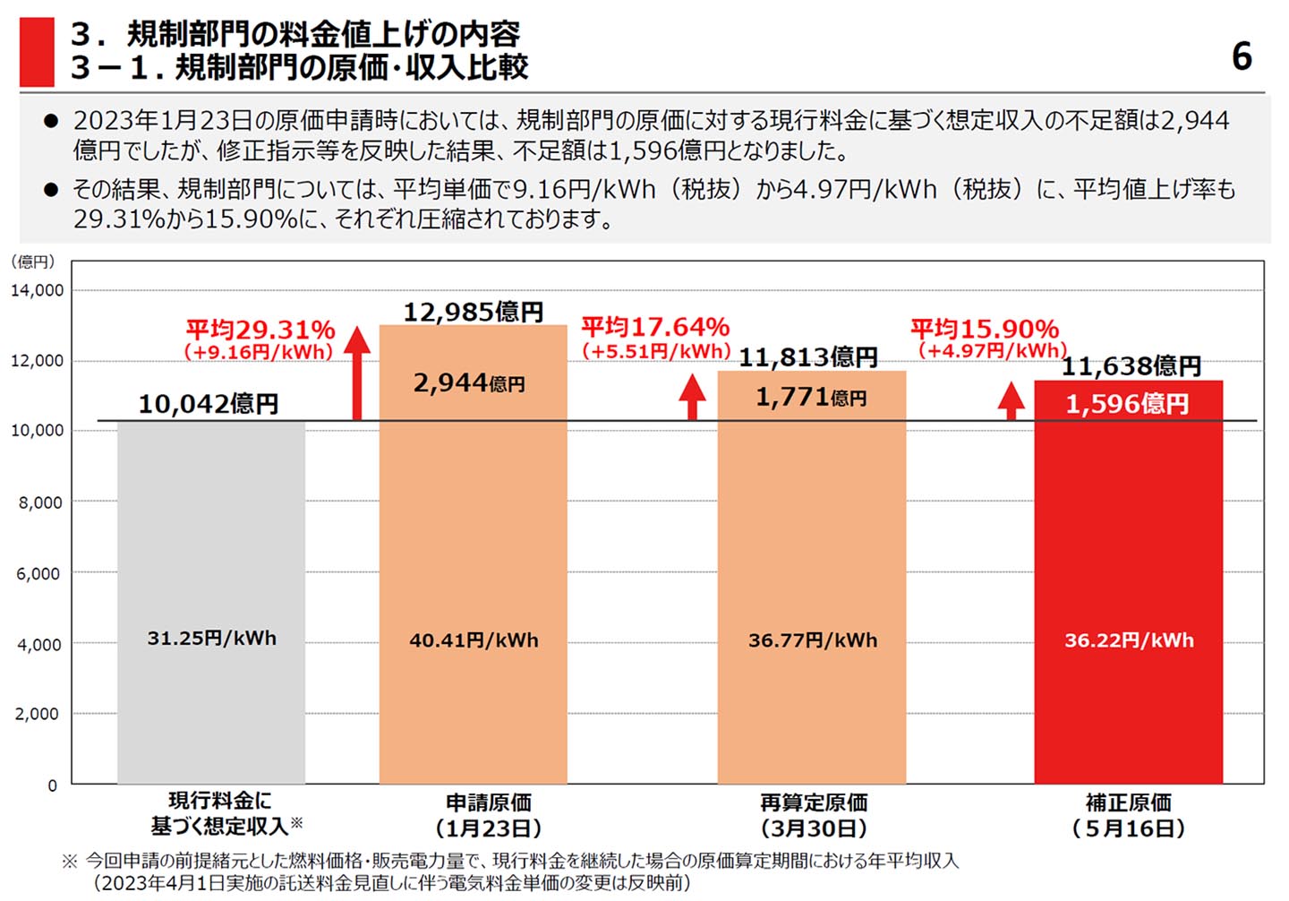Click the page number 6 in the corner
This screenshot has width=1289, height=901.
pyautogui.click(x=1241, y=57)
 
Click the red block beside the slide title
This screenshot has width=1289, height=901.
pyautogui.click(x=37, y=52)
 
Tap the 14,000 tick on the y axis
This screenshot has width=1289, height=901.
pyautogui.click(x=38, y=290)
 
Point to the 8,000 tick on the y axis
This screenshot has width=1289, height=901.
pyautogui.click(x=40, y=502)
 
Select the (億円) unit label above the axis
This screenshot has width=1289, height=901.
pyautogui.click(x=32, y=262)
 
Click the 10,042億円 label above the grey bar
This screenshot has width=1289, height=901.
pyautogui.click(x=209, y=404)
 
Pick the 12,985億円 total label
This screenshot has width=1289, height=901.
pyautogui.click(x=473, y=312)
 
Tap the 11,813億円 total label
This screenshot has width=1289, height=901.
pyautogui.click(x=807, y=357)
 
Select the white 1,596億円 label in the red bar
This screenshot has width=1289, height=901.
pyautogui.click(x=1127, y=404)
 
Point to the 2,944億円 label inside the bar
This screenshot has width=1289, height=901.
pyautogui.click(x=469, y=383)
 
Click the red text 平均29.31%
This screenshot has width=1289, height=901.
pyautogui.click(x=260, y=330)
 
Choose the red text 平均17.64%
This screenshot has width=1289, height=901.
pyautogui.click(x=655, y=327)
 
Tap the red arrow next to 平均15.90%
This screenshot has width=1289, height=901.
pyautogui.click(x=1012, y=400)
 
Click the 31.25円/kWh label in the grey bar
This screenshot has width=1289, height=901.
pyautogui.click(x=212, y=639)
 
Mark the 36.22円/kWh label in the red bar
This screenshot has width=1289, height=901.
pyautogui.click(x=1129, y=640)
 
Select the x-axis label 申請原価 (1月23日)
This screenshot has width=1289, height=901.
pyautogui.click(x=489, y=815)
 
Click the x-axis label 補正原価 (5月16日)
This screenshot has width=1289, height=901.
pyautogui.click(x=1129, y=815)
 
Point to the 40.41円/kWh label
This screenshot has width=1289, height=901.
pyautogui.click(x=474, y=640)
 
